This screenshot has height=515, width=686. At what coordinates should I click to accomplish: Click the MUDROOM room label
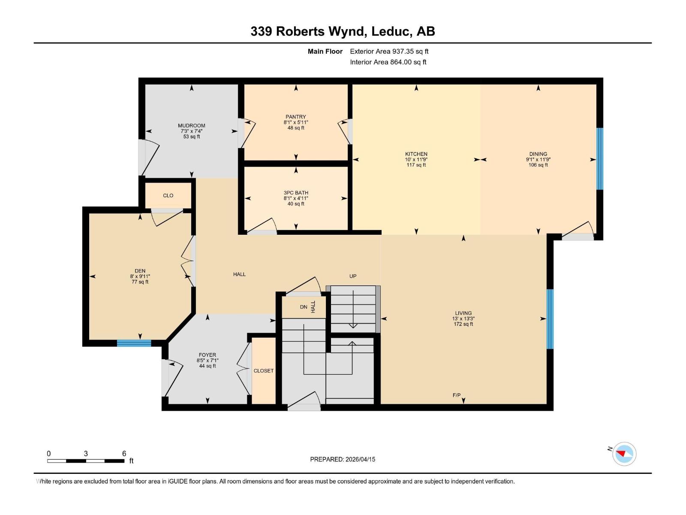pyautogui.click(x=192, y=126)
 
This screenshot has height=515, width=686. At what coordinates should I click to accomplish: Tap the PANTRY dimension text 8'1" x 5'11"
pyautogui.click(x=296, y=122)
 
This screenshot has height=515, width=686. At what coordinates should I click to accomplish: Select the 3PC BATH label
pyautogui.click(x=296, y=193)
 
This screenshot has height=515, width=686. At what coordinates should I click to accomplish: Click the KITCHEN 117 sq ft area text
pyautogui.click(x=416, y=165)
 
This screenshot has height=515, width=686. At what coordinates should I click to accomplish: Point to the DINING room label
pyautogui.click(x=538, y=154)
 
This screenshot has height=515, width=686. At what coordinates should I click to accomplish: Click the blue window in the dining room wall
pyautogui.click(x=600, y=159)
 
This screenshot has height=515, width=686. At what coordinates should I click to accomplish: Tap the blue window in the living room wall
pyautogui.click(x=550, y=319)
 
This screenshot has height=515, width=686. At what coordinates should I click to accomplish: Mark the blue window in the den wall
pyautogui.click(x=134, y=343)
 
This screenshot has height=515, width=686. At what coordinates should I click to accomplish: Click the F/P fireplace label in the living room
pyautogui.click(x=457, y=395)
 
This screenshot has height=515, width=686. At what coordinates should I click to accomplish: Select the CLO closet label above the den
pyautogui.click(x=168, y=196)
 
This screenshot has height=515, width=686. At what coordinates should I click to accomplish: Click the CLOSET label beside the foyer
pyautogui.click(x=263, y=371)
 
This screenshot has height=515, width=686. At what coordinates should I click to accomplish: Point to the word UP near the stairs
pyautogui.click(x=353, y=276)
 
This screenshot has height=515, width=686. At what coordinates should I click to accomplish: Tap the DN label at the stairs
pyautogui.click(x=304, y=307)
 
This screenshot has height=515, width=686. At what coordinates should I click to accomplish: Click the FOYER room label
pyautogui.click(x=208, y=355)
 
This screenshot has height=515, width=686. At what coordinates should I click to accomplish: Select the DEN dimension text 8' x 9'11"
pyautogui.click(x=140, y=277)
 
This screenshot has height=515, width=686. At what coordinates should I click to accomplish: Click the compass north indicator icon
pyautogui.click(x=624, y=454)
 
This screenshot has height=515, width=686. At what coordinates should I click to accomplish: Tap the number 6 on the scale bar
pyautogui.click(x=124, y=454)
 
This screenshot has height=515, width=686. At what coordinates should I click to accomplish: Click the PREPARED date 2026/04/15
pyautogui.click(x=360, y=459)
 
